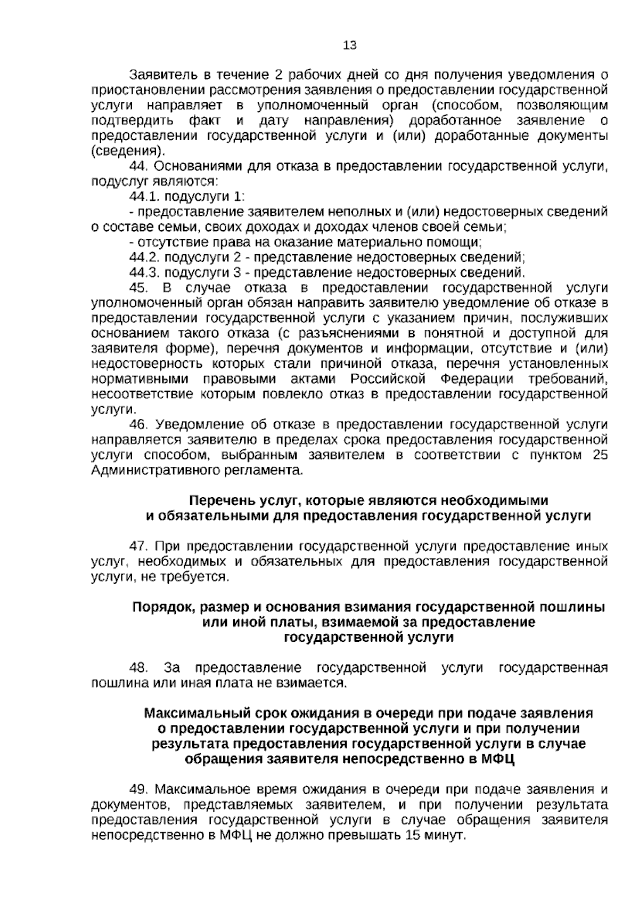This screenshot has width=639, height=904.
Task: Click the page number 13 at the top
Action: (x=350, y=45)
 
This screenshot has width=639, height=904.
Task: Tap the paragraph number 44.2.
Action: (x=144, y=258)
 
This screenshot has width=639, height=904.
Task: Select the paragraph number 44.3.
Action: (x=144, y=273)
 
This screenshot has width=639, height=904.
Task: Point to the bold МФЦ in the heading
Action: (x=497, y=759)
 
